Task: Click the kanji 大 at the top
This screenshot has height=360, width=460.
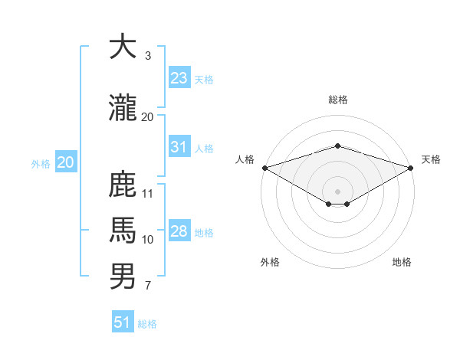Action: click(x=123, y=47)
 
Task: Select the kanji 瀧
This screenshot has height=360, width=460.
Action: click(x=123, y=107)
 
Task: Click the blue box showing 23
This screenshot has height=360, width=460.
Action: click(x=179, y=78)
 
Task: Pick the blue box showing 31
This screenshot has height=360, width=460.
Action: click(x=179, y=147)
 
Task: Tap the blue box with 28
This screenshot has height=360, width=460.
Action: click(x=179, y=231)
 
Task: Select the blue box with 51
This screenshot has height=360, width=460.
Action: click(x=123, y=322)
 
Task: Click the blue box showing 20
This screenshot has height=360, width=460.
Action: click(x=65, y=162)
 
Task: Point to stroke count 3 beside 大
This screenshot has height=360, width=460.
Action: click(x=147, y=56)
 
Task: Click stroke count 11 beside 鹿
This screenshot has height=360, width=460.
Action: click(x=148, y=193)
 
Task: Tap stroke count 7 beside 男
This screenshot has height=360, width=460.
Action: click(x=147, y=286)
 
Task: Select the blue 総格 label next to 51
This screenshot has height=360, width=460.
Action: click(x=147, y=324)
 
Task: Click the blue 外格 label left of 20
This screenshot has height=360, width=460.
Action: click(x=40, y=163)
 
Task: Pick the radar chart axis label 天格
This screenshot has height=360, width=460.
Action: click(x=431, y=159)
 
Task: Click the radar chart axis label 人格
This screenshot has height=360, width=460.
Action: click(x=245, y=159)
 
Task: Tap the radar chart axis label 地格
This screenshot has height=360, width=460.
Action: click(x=402, y=262)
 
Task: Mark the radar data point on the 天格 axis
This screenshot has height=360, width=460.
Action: click(x=412, y=168)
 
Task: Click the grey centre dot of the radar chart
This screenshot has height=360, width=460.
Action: click(x=337, y=190)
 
